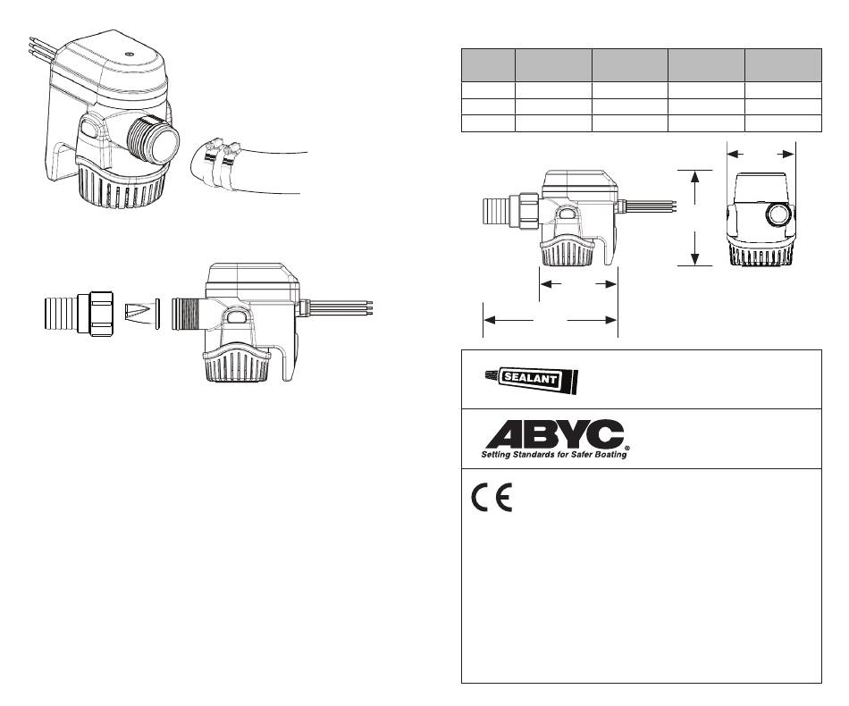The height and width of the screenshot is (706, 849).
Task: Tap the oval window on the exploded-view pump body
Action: coord(236,316)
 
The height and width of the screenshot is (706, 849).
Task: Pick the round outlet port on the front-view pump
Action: coord(777,215)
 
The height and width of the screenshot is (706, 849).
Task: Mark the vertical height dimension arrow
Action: coord(696,218)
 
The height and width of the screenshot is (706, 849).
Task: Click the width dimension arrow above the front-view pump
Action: coord(761,154)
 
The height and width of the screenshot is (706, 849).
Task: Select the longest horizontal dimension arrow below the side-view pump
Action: coord(551,319)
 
